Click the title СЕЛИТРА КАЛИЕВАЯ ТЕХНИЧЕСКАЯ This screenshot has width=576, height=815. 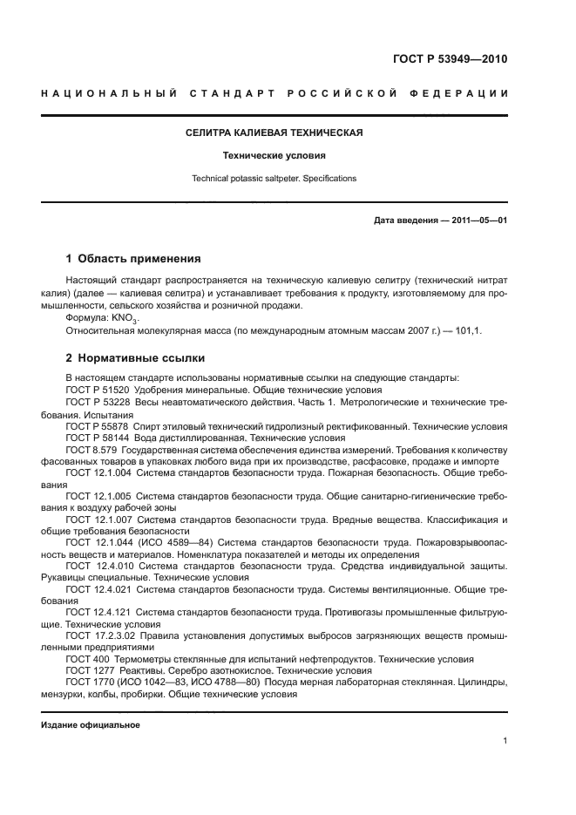click(x=274, y=132)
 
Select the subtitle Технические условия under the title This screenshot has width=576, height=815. click(x=274, y=156)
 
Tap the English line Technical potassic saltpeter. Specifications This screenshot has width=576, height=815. click(x=274, y=179)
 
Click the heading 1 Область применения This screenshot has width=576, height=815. click(x=134, y=259)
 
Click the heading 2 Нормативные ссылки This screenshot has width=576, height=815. click(x=134, y=358)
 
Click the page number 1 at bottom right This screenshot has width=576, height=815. click(x=505, y=741)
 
